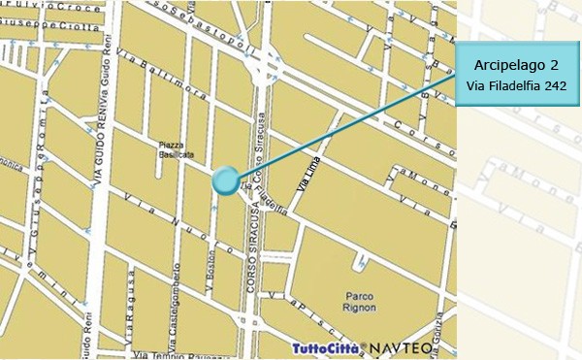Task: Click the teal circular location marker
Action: click(225, 180)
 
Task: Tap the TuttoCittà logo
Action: click(325, 347)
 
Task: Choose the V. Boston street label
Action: click(210, 272)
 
